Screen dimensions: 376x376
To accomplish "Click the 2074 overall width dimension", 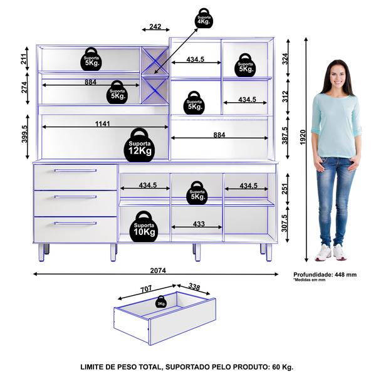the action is [158, 271].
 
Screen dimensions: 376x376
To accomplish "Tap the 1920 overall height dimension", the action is [303, 137].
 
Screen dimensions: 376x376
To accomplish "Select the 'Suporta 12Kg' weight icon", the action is [139, 145].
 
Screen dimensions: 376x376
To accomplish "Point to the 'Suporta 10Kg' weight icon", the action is [144, 227].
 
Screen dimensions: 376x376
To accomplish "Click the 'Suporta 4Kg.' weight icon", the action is [204, 18].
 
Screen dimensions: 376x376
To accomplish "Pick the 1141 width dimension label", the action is [102, 123].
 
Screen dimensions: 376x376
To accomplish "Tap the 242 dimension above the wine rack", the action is [155, 26].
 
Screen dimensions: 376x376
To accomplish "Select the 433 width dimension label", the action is [199, 224].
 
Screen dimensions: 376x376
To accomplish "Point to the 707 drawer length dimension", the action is [145, 288].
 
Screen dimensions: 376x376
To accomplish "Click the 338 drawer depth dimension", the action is [194, 286].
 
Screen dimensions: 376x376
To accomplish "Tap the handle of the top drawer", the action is [75, 170].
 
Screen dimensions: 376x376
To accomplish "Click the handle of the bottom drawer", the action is [75, 223].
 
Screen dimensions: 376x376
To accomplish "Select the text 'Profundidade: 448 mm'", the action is [325, 275].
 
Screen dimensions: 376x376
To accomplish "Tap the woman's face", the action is [338, 75].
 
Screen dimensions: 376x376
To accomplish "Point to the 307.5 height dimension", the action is [285, 224].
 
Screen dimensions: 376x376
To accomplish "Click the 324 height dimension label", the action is [285, 59].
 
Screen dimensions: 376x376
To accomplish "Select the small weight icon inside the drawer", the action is [161, 302].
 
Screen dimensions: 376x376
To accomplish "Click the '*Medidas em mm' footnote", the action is [310, 280].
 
